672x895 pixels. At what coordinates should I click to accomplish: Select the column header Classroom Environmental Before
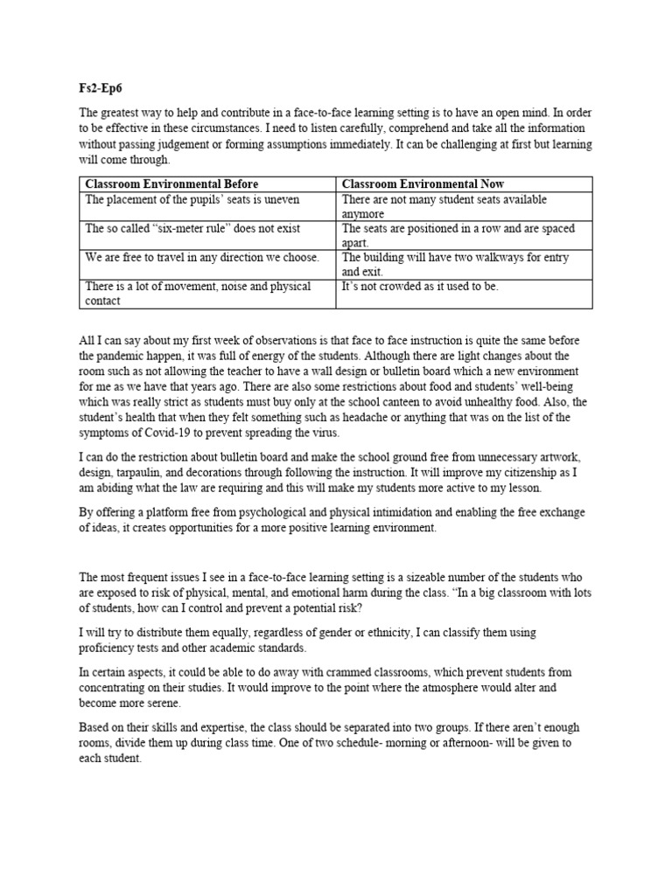point(171,184)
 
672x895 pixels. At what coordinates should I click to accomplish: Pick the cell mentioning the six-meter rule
point(192,229)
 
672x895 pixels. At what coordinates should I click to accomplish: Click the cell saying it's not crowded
point(420,287)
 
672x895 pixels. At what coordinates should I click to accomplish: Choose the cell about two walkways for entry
point(455,264)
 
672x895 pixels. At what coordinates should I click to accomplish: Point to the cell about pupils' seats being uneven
point(192,200)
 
